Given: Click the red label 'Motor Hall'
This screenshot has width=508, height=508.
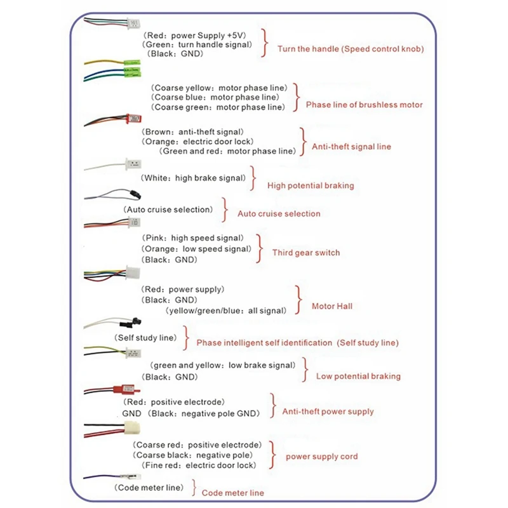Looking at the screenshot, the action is coord(331,306).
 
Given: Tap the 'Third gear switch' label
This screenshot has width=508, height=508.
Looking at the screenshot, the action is coord(306,253).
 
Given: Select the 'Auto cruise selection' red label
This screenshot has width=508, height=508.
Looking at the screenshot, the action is coord(279,214).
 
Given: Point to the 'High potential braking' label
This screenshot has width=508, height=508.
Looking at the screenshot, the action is coord(311,185).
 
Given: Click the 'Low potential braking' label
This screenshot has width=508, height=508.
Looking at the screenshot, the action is coord(358,376).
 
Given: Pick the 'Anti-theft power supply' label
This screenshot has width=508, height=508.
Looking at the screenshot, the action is coord(328,411).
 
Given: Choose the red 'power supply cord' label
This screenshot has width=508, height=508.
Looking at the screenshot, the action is coord(322,457).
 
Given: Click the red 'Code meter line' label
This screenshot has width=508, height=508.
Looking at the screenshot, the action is coord(232,493).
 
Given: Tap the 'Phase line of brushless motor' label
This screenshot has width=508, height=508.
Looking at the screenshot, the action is coord(364,105).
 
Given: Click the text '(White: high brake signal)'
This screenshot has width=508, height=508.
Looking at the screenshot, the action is coord(194,178).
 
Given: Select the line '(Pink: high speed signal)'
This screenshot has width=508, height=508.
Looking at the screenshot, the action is coord(193,238).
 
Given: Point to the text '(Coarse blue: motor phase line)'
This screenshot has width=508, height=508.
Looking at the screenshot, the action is coord(215,97).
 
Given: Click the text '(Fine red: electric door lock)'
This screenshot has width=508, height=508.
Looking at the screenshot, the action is coord(199,465).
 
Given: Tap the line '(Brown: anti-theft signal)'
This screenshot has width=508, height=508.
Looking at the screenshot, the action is coord(193,132).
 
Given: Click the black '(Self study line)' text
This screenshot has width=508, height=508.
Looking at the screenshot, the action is coord(145,338).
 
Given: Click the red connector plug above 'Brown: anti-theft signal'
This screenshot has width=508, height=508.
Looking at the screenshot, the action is coord(133,119).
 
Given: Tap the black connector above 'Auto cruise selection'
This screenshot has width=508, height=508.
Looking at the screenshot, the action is coord(135,195).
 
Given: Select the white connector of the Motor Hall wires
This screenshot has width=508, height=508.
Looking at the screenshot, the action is coord(133,272).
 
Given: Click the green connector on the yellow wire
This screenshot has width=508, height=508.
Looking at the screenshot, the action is coord(132,62).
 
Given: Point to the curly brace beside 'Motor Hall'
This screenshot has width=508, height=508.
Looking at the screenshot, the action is coord(298,300).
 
